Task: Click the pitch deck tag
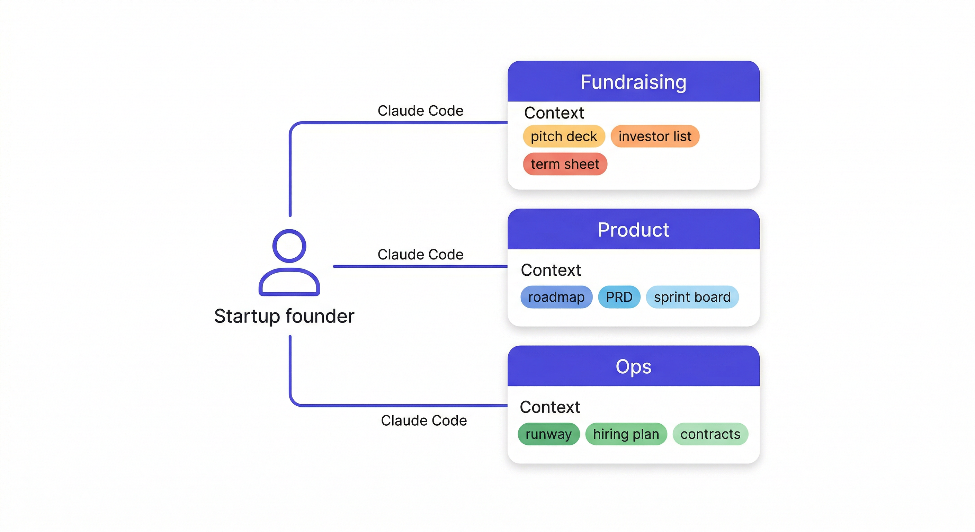[564, 136]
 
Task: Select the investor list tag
[654, 136]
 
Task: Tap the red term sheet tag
[565, 164]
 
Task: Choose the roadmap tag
[556, 297]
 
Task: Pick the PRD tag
[619, 297]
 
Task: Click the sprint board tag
[692, 297]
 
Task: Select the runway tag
[548, 434]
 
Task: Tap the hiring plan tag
[626, 434]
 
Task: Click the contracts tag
[710, 434]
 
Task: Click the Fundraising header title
[633, 82]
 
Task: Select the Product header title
[633, 230]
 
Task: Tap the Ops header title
[633, 366]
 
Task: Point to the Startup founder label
[284, 316]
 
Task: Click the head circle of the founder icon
[289, 246]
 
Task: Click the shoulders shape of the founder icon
[289, 283]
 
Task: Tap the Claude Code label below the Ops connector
[423, 420]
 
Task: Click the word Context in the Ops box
[549, 407]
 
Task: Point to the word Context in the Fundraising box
[554, 113]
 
